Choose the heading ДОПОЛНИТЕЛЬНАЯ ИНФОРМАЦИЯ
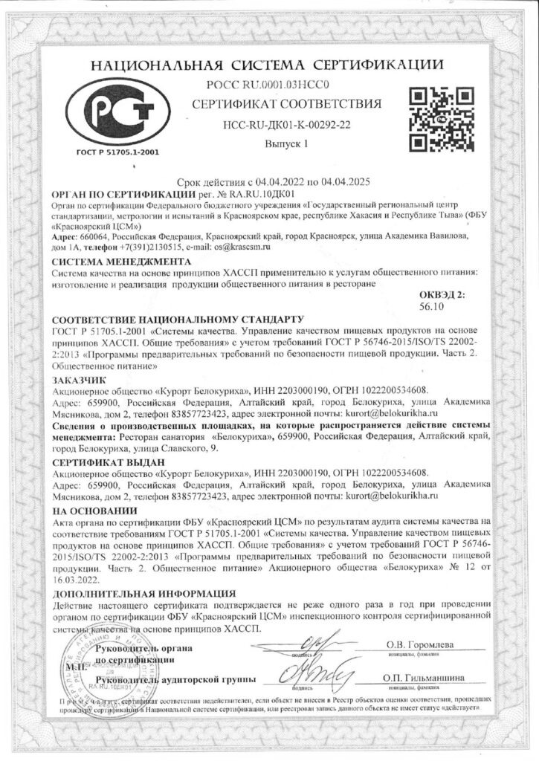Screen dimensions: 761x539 coord(146,595)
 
